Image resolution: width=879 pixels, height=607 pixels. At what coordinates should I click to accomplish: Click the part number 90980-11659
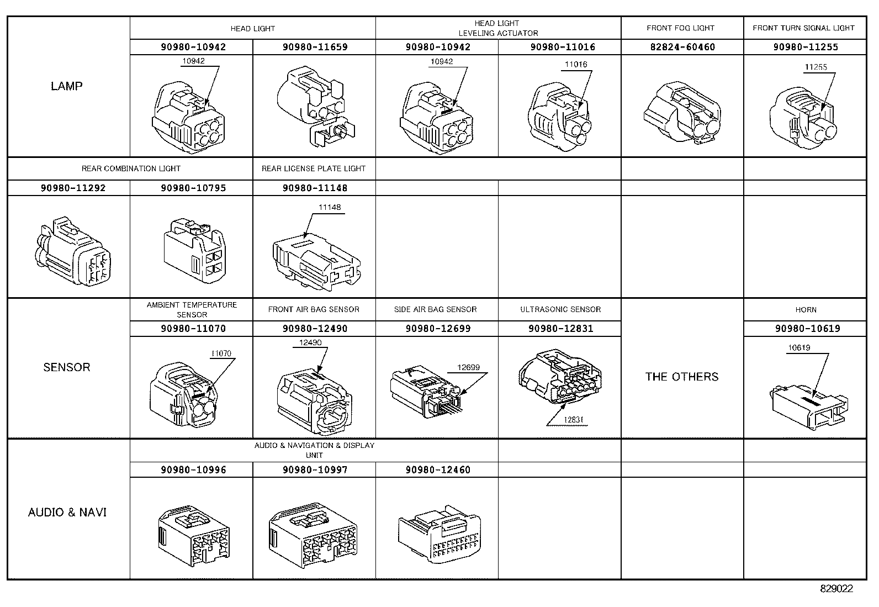click(315, 47)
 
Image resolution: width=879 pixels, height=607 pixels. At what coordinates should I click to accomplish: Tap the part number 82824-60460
click(682, 47)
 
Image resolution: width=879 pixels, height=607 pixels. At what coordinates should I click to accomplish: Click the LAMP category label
click(66, 86)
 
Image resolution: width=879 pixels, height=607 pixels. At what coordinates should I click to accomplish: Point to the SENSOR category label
click(66, 367)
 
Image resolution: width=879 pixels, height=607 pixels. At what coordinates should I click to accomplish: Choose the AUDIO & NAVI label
click(67, 513)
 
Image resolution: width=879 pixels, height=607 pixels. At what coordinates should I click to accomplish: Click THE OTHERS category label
click(682, 377)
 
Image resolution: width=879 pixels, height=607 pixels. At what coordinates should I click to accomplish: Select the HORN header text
click(806, 310)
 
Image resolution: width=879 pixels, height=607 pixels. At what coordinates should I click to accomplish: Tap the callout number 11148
click(330, 208)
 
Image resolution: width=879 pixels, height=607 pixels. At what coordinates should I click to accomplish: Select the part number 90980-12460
click(438, 470)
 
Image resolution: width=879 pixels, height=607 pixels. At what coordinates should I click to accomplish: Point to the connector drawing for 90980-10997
click(313, 532)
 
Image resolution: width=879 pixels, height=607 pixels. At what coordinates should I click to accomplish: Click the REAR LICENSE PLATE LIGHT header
click(314, 168)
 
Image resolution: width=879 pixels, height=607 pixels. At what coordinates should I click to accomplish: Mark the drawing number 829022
click(836, 589)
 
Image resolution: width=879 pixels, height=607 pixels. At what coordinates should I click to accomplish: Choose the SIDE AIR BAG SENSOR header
click(435, 309)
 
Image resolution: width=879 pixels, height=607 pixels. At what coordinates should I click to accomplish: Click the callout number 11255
click(816, 67)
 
